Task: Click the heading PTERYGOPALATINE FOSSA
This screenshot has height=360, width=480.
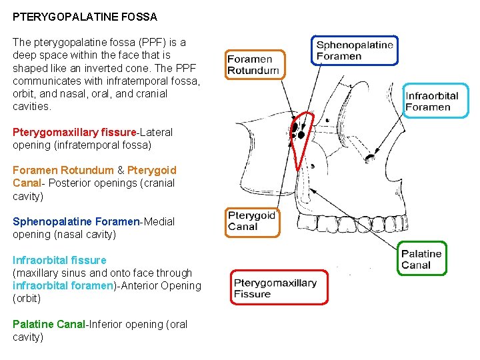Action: click(x=85, y=16)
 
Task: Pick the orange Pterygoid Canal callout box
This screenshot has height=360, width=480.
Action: click(x=253, y=221)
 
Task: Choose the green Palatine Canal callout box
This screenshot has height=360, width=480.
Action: click(x=422, y=259)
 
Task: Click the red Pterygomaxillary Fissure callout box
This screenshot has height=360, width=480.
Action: click(x=279, y=287)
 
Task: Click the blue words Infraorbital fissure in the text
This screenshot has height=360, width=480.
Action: click(x=59, y=260)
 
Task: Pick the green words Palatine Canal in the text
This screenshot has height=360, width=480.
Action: click(x=49, y=324)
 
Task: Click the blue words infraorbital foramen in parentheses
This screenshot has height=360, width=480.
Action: click(x=63, y=285)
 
